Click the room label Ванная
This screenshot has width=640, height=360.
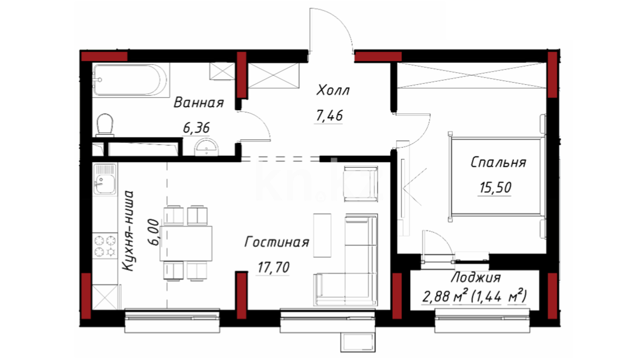199,103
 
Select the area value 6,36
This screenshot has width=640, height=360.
196,128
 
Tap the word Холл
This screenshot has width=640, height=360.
333,90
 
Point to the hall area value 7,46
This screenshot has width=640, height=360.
329,116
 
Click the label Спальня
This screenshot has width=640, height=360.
498,162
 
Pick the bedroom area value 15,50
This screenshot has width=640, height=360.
495,188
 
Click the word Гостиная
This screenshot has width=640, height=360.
277,242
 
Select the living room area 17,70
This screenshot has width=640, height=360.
273,267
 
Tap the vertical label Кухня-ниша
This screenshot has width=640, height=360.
128,231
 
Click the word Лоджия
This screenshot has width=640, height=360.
476,277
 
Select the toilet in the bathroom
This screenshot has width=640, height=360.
105,125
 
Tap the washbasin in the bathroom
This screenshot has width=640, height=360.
206,147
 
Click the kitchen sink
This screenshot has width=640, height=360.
105,179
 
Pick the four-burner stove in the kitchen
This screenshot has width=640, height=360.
105,246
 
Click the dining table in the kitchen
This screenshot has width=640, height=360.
186,243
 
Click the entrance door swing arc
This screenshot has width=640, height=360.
340,21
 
